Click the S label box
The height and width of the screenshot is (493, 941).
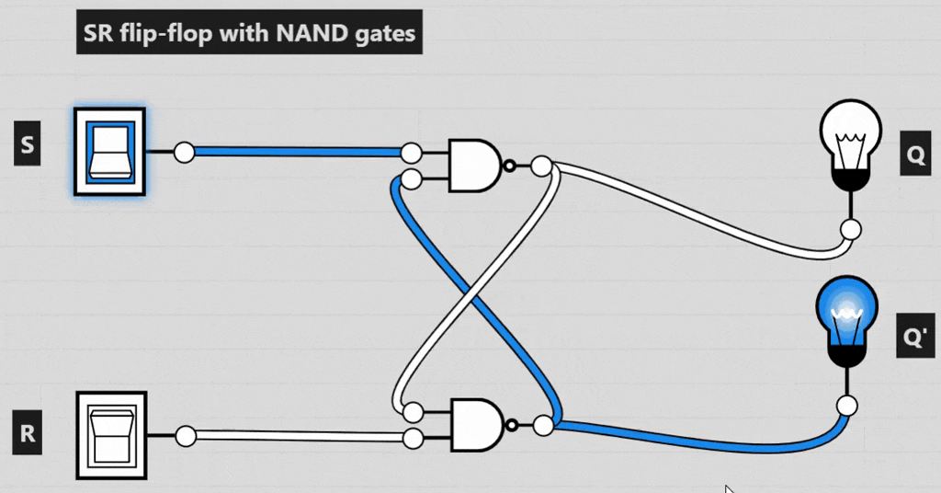(27, 146)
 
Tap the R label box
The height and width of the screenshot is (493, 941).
(28, 434)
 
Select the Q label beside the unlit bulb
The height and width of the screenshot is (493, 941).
(915, 156)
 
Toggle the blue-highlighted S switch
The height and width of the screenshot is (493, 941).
(109, 152)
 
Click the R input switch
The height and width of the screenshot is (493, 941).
(109, 435)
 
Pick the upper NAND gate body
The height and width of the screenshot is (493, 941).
(473, 166)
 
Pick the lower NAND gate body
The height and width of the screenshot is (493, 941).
(473, 425)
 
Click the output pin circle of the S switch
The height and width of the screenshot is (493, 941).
(184, 152)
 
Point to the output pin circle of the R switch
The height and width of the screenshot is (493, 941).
(186, 436)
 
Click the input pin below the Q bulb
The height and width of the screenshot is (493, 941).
(851, 229)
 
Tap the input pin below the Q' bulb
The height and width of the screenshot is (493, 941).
(847, 406)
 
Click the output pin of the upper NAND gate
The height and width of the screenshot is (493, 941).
(541, 166)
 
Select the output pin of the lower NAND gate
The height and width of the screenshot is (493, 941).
(543, 425)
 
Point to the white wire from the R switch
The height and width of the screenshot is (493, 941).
(294, 437)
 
